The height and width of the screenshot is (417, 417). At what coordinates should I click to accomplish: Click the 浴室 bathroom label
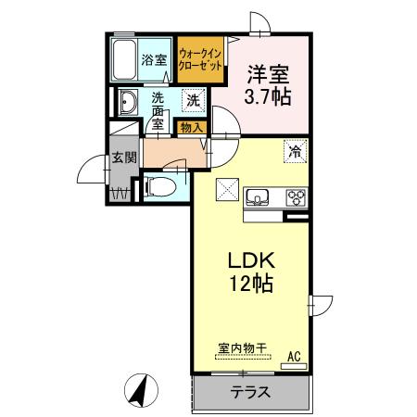[x=154, y=60]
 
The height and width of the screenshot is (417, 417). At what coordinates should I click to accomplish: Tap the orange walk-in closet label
[x=198, y=61]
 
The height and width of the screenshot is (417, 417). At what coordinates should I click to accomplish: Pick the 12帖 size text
[x=252, y=285]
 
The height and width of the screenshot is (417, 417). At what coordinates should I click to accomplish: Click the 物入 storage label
[x=192, y=127]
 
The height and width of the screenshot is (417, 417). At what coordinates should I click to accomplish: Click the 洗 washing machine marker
[x=193, y=99]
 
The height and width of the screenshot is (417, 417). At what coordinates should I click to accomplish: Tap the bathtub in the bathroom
[x=123, y=59]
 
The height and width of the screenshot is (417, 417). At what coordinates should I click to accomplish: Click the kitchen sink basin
[x=257, y=196]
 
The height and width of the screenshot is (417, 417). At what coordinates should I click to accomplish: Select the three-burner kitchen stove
[x=297, y=196]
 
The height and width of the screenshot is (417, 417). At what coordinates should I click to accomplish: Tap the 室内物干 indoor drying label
[x=242, y=347]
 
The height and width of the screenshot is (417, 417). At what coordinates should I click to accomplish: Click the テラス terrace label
[x=251, y=392]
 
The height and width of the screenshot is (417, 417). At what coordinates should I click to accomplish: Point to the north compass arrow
[x=141, y=388]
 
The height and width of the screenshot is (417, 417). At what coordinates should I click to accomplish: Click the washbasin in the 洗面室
[x=127, y=104]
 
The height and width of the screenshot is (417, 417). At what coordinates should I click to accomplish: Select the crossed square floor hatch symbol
[x=226, y=187]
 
